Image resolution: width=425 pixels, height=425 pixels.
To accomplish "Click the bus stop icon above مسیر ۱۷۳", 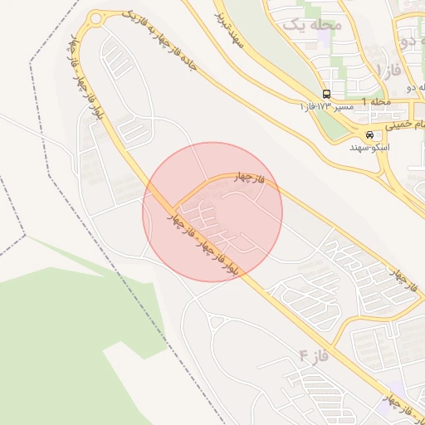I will coord(327,94).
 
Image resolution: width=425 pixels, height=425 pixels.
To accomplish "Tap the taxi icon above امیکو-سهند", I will coord(369,135).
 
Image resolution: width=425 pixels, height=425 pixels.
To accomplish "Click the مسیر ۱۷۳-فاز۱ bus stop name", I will coord(327,107).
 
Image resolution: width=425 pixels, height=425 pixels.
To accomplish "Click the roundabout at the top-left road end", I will coord(96,18).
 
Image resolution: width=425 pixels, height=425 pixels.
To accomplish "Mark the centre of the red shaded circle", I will coord(212,212).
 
